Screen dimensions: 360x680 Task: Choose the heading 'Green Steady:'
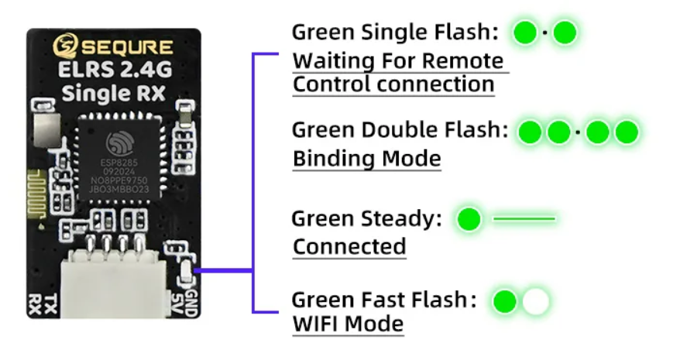(x=366, y=219)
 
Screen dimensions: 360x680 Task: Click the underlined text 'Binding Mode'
(x=366, y=159)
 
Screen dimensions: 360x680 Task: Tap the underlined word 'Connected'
(x=349, y=247)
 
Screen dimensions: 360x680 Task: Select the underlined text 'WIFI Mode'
(x=348, y=323)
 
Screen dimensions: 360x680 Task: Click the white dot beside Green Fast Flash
(x=535, y=301)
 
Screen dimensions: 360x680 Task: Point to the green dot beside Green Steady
(x=469, y=220)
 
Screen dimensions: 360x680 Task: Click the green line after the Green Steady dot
(x=524, y=220)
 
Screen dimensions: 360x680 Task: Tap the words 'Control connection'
(x=393, y=84)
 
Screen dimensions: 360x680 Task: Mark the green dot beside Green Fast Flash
(x=505, y=301)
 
